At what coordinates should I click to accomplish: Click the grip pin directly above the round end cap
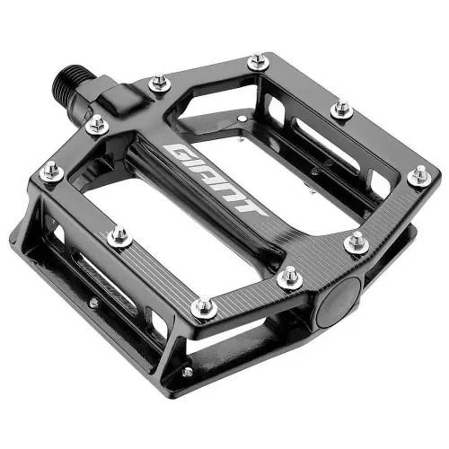[357, 241]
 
